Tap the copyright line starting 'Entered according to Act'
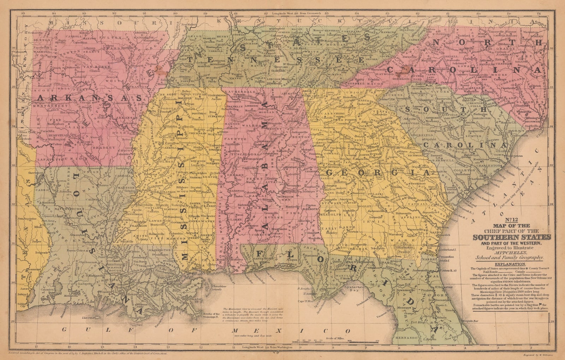[87, 353]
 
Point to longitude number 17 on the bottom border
[36, 346]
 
